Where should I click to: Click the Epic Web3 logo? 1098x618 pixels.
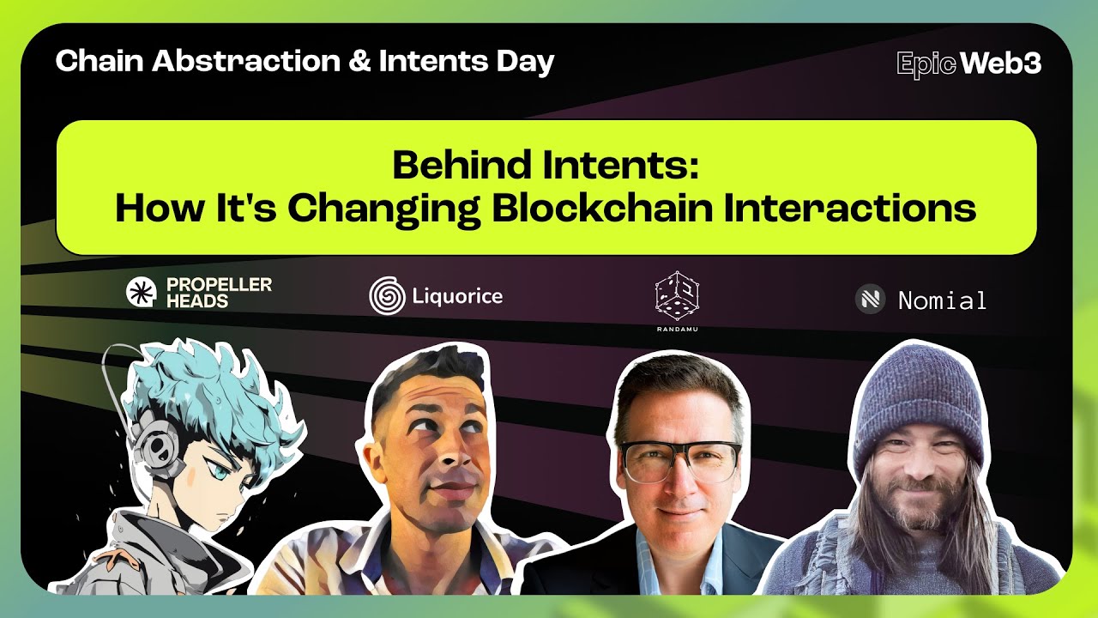click(x=968, y=64)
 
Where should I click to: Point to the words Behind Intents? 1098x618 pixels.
click(x=546, y=165)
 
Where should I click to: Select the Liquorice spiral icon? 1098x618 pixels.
click(x=387, y=296)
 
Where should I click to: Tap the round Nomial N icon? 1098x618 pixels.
click(x=870, y=300)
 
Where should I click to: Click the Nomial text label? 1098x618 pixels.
click(x=942, y=300)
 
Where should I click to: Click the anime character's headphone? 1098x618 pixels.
click(x=158, y=446)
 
